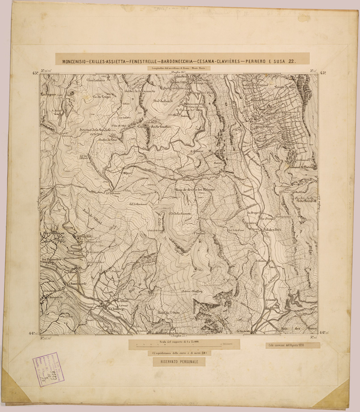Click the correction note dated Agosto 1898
[x=291, y=345]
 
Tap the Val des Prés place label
[x=272, y=229]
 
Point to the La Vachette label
[x=243, y=331]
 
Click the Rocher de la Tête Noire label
[x=305, y=199]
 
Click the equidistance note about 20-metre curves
[x=179, y=353]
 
